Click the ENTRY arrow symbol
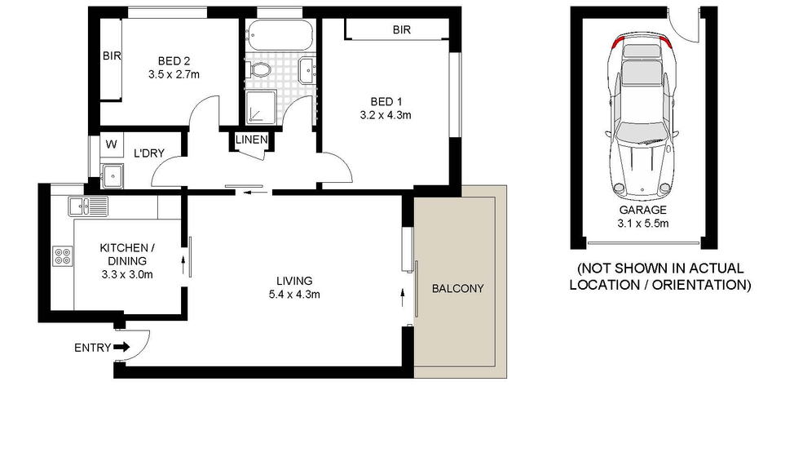(x=121, y=347)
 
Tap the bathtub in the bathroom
(x=280, y=35)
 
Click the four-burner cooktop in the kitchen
(x=63, y=256)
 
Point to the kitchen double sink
(x=88, y=206)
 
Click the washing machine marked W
(x=112, y=144)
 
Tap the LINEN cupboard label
(x=251, y=140)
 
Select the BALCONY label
(x=458, y=288)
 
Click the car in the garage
(x=642, y=117)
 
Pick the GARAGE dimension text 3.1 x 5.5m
(x=642, y=224)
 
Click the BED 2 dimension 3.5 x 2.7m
(x=174, y=74)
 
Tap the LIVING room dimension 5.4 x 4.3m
(x=294, y=295)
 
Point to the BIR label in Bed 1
(x=402, y=30)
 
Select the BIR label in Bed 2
(x=112, y=55)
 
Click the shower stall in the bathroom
(x=262, y=108)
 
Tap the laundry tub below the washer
(x=112, y=176)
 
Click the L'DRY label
(x=149, y=153)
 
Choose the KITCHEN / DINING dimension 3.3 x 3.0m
(x=127, y=274)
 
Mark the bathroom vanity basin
(x=307, y=70)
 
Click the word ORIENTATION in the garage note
(x=701, y=285)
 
